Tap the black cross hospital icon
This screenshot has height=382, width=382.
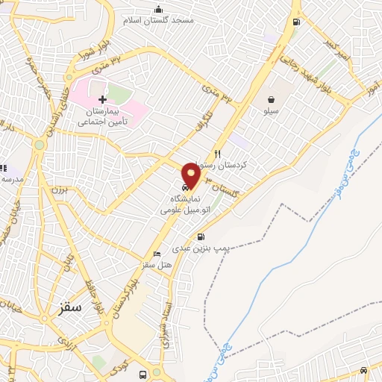(x=103, y=99)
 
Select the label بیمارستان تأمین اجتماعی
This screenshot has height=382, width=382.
(x=104, y=114)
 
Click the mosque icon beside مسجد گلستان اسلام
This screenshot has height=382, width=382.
(x=157, y=9)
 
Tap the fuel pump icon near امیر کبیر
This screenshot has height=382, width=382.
(x=298, y=22)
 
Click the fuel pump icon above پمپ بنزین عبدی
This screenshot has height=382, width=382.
(x=200, y=237)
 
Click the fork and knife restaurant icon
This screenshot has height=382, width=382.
(x=218, y=154)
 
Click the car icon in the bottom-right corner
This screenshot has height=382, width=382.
(x=363, y=370)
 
